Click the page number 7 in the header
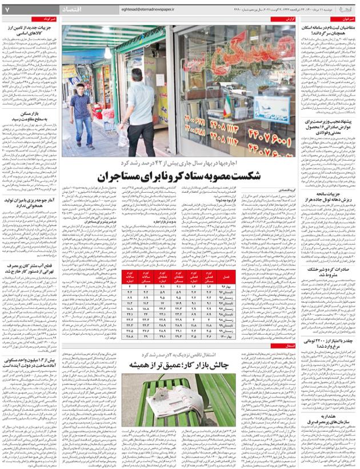click(7, 10)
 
